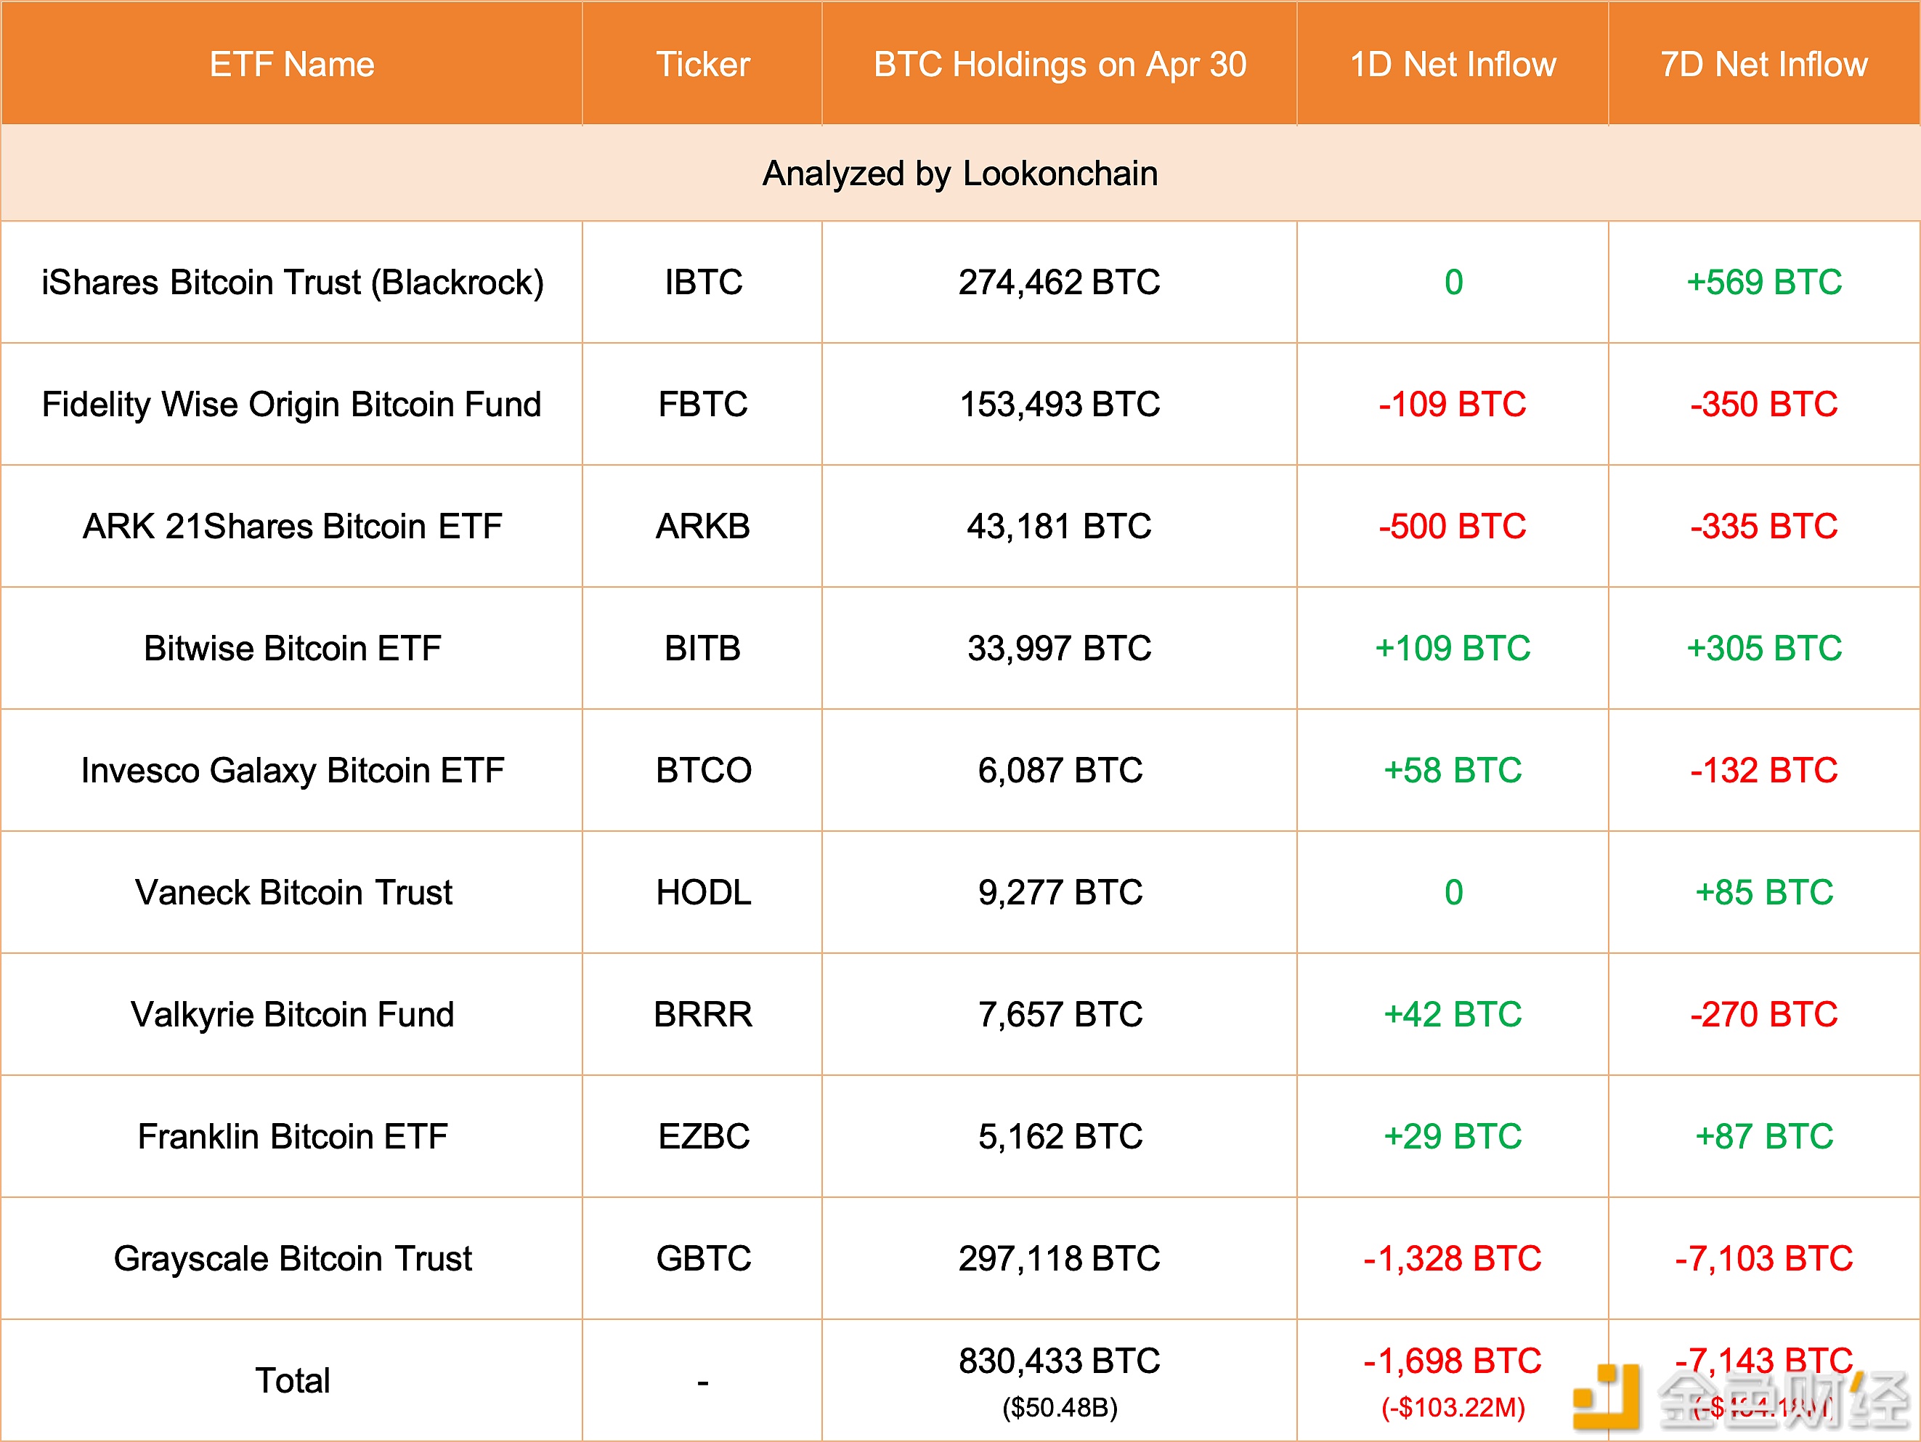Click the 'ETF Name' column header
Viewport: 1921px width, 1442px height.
pyautogui.click(x=292, y=64)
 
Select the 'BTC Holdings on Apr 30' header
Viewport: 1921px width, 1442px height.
pyautogui.click(x=1060, y=64)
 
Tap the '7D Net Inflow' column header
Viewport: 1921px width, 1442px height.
pyautogui.click(x=1764, y=64)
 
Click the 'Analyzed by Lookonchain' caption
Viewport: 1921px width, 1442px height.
pyautogui.click(x=959, y=174)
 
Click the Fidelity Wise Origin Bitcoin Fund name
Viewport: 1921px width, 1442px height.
pyautogui.click(x=292, y=404)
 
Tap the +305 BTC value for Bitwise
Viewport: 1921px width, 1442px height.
pyautogui.click(x=1764, y=648)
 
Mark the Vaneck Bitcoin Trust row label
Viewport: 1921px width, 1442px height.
pyautogui.click(x=293, y=892)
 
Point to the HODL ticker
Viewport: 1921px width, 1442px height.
pyautogui.click(x=702, y=892)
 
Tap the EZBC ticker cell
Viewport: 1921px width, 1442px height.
pyautogui.click(x=702, y=1136)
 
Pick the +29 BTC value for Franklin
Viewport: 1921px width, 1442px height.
pyautogui.click(x=1452, y=1136)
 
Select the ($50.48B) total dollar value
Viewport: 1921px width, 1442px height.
pyautogui.click(x=1060, y=1407)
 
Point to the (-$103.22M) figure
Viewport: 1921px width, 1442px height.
pyautogui.click(x=1452, y=1407)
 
